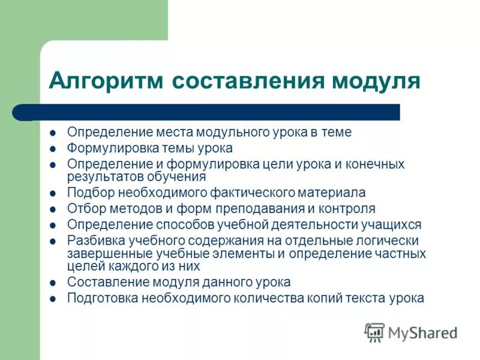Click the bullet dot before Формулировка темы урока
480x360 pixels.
52,148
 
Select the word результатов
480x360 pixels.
101,177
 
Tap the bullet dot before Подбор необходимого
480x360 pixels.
52,194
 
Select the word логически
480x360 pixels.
390,240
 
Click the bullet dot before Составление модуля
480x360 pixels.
52,283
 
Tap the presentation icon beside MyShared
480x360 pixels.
375,332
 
